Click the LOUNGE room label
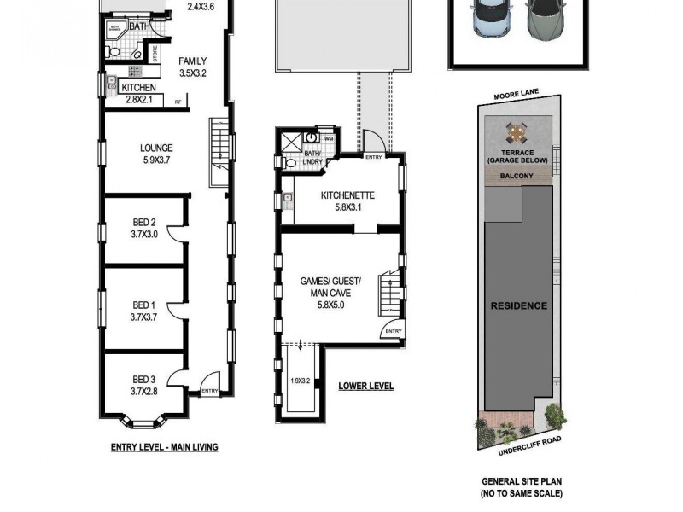point(156,148)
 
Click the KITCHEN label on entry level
point(137,88)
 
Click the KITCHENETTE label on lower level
point(347,195)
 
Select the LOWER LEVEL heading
point(365,387)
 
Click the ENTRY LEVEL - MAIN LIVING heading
point(164,446)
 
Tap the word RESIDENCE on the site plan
point(518,305)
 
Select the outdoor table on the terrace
point(517,133)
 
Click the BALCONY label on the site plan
point(517,177)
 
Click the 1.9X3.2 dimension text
point(300,381)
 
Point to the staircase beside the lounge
point(220,151)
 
